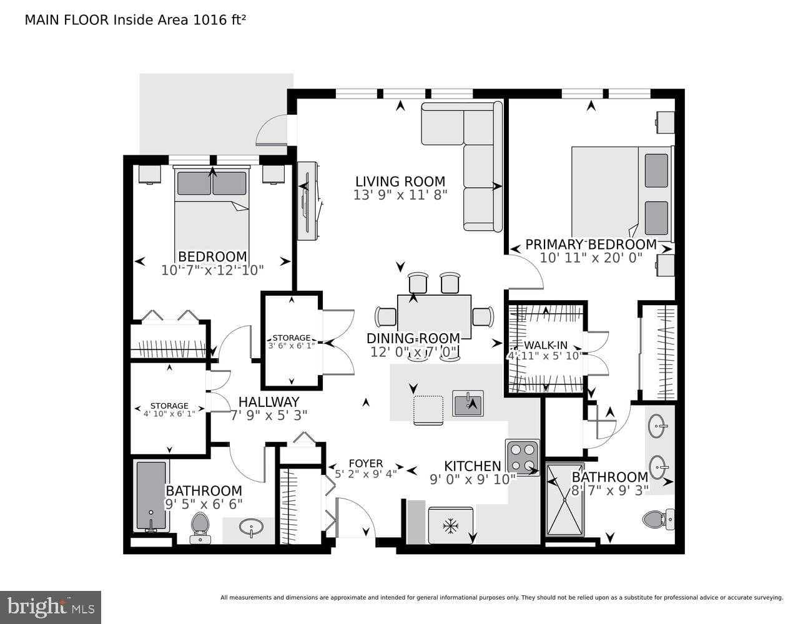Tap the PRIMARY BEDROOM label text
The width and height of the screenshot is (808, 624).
(x=591, y=245)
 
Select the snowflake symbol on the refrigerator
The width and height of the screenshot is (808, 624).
(x=449, y=526)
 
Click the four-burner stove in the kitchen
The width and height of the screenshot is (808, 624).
(x=523, y=457)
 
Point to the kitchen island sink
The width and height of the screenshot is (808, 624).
(x=468, y=404)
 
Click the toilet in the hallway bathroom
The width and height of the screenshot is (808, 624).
(x=200, y=527)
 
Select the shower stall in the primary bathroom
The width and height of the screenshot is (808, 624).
(x=565, y=499)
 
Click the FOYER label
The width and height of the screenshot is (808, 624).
(x=365, y=464)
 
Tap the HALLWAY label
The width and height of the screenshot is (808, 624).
(x=269, y=402)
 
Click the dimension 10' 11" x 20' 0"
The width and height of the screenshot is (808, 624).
(x=591, y=258)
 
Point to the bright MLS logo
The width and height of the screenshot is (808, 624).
(x=51, y=607)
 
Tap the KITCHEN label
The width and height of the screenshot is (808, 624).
(x=472, y=466)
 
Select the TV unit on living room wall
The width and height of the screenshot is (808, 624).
(x=308, y=201)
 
